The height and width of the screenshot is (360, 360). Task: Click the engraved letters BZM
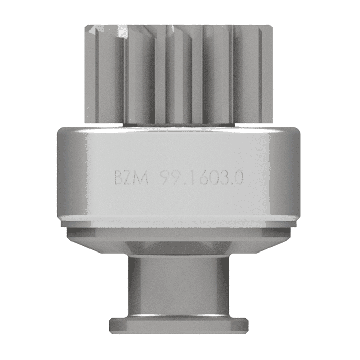tap(131, 179)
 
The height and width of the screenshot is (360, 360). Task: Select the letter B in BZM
tap(119, 179)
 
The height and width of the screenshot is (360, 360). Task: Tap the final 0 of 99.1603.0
tap(239, 179)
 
